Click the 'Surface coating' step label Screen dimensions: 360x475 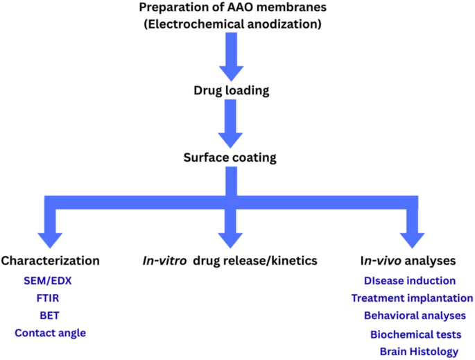(230, 157)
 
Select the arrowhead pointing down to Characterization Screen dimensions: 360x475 (50, 238)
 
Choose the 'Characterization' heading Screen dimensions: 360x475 (50, 261)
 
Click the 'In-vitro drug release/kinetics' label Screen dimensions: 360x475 (230, 261)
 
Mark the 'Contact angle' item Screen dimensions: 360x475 (50, 333)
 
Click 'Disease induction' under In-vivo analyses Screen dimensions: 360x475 (410, 281)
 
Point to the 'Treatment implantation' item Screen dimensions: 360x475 (412, 298)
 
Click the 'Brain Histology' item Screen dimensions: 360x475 (419, 352)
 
